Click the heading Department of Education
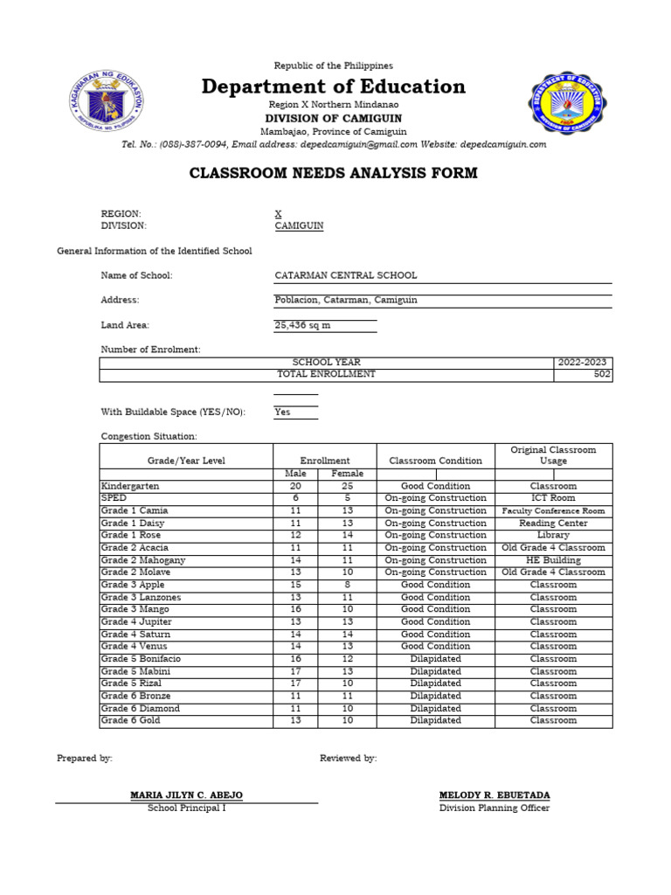point(334,87)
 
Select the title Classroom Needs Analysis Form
point(334,173)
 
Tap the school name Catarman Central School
point(346,275)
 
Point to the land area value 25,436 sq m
point(302,325)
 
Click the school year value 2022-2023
point(583,362)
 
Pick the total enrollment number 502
point(601,374)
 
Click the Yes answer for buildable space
point(282,412)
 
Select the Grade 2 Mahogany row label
point(143,560)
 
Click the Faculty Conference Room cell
point(553,510)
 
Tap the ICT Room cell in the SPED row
point(553,498)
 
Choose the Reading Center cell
point(553,523)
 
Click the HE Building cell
point(553,560)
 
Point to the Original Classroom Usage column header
point(553,455)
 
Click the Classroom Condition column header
point(435,461)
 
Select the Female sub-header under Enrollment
point(347,474)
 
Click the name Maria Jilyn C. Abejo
point(186,795)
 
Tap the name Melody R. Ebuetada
point(495,795)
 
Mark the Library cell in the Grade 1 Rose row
point(553,535)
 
